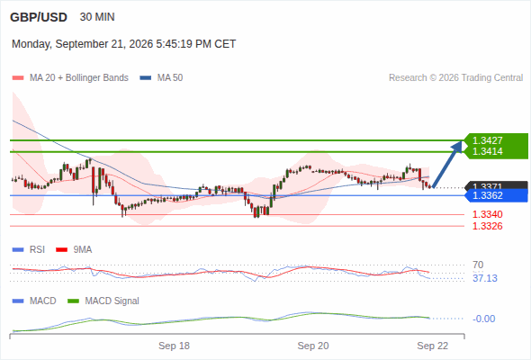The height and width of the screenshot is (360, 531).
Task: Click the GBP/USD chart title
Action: [39, 17]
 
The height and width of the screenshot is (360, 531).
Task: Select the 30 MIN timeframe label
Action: [97, 17]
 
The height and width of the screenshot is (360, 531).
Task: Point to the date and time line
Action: [123, 44]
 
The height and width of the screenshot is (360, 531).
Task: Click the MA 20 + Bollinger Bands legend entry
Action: [70, 78]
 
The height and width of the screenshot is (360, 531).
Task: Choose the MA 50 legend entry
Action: [161, 78]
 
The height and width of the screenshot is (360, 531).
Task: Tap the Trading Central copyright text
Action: [455, 78]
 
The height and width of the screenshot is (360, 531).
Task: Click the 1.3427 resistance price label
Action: [487, 140]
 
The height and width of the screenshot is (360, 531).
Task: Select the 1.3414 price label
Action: [487, 151]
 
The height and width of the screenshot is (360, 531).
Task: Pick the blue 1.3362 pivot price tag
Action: [497, 195]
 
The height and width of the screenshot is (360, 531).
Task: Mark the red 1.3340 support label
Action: [487, 214]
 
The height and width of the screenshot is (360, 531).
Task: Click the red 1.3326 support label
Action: [487, 226]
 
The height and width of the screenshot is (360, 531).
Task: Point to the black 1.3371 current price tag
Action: [497, 185]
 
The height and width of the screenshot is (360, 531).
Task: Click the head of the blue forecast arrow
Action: [460, 142]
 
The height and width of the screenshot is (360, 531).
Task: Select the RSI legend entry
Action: [29, 249]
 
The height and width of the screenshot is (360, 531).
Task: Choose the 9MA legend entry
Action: [74, 249]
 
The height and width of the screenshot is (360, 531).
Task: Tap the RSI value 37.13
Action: [485, 278]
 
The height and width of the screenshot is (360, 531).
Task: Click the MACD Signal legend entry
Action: [103, 301]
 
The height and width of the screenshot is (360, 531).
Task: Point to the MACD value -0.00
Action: [483, 319]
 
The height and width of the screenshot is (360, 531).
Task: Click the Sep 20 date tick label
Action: [313, 346]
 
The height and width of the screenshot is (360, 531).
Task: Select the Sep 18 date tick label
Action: [174, 346]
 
